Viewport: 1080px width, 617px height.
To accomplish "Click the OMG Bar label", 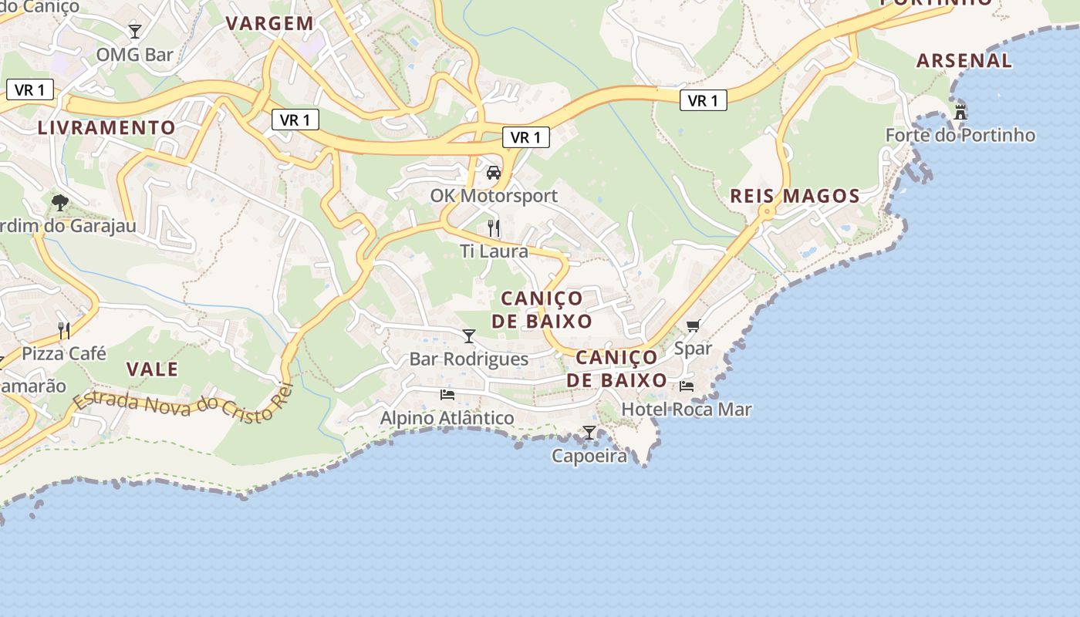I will [134, 55].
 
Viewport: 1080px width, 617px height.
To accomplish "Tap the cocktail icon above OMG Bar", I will [135, 32].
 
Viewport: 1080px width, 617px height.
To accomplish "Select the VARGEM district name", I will [270, 23].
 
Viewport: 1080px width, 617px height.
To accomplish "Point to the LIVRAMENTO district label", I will [106, 127].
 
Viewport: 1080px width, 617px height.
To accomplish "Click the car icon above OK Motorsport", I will [494, 172].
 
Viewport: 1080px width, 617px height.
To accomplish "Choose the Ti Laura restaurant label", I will [494, 251].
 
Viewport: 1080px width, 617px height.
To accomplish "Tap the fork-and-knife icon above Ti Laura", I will [494, 228].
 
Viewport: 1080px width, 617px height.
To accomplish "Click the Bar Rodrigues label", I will [468, 359].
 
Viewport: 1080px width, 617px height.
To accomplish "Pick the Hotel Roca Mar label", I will [686, 409].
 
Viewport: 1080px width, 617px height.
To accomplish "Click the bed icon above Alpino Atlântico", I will [447, 395].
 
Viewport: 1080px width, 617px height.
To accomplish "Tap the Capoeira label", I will [589, 456].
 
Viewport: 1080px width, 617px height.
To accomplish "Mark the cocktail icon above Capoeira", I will [589, 433].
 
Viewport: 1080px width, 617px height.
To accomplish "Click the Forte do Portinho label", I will [960, 135].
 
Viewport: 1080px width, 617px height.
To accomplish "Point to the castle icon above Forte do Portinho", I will [960, 113].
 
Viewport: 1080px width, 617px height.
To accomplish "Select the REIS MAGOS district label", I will [795, 196].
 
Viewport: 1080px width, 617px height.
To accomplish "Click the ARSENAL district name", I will [964, 60].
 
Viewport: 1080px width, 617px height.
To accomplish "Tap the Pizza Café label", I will [63, 353].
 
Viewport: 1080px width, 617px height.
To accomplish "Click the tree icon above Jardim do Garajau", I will [60, 203].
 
